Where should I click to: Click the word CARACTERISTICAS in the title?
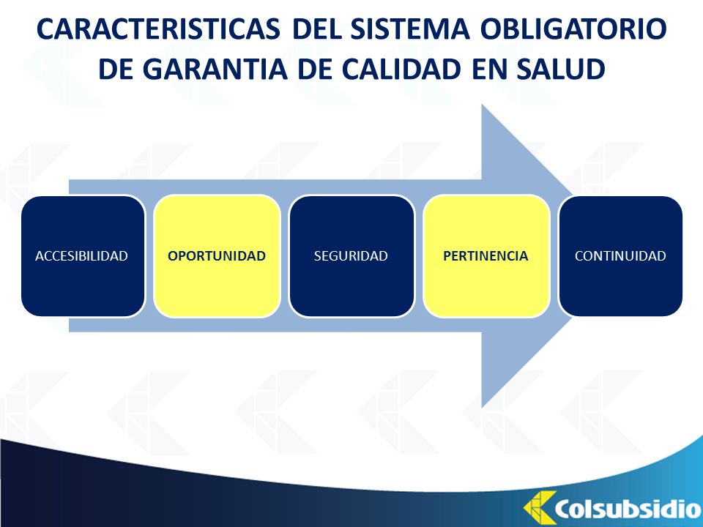158,29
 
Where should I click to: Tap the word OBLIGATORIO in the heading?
573,29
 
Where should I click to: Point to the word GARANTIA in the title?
215,69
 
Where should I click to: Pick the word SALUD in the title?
560,69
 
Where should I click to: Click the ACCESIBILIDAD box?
83,256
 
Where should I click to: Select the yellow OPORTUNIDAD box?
217,256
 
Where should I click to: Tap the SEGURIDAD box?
351,256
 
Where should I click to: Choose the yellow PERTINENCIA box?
486,256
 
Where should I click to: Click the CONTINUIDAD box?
621,256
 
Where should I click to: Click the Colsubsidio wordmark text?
628,509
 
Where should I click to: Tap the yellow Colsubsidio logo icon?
539,508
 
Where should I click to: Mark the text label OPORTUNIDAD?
217,256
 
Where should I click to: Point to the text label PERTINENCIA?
486,256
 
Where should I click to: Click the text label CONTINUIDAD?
620,256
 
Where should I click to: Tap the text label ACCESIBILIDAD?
81,256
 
